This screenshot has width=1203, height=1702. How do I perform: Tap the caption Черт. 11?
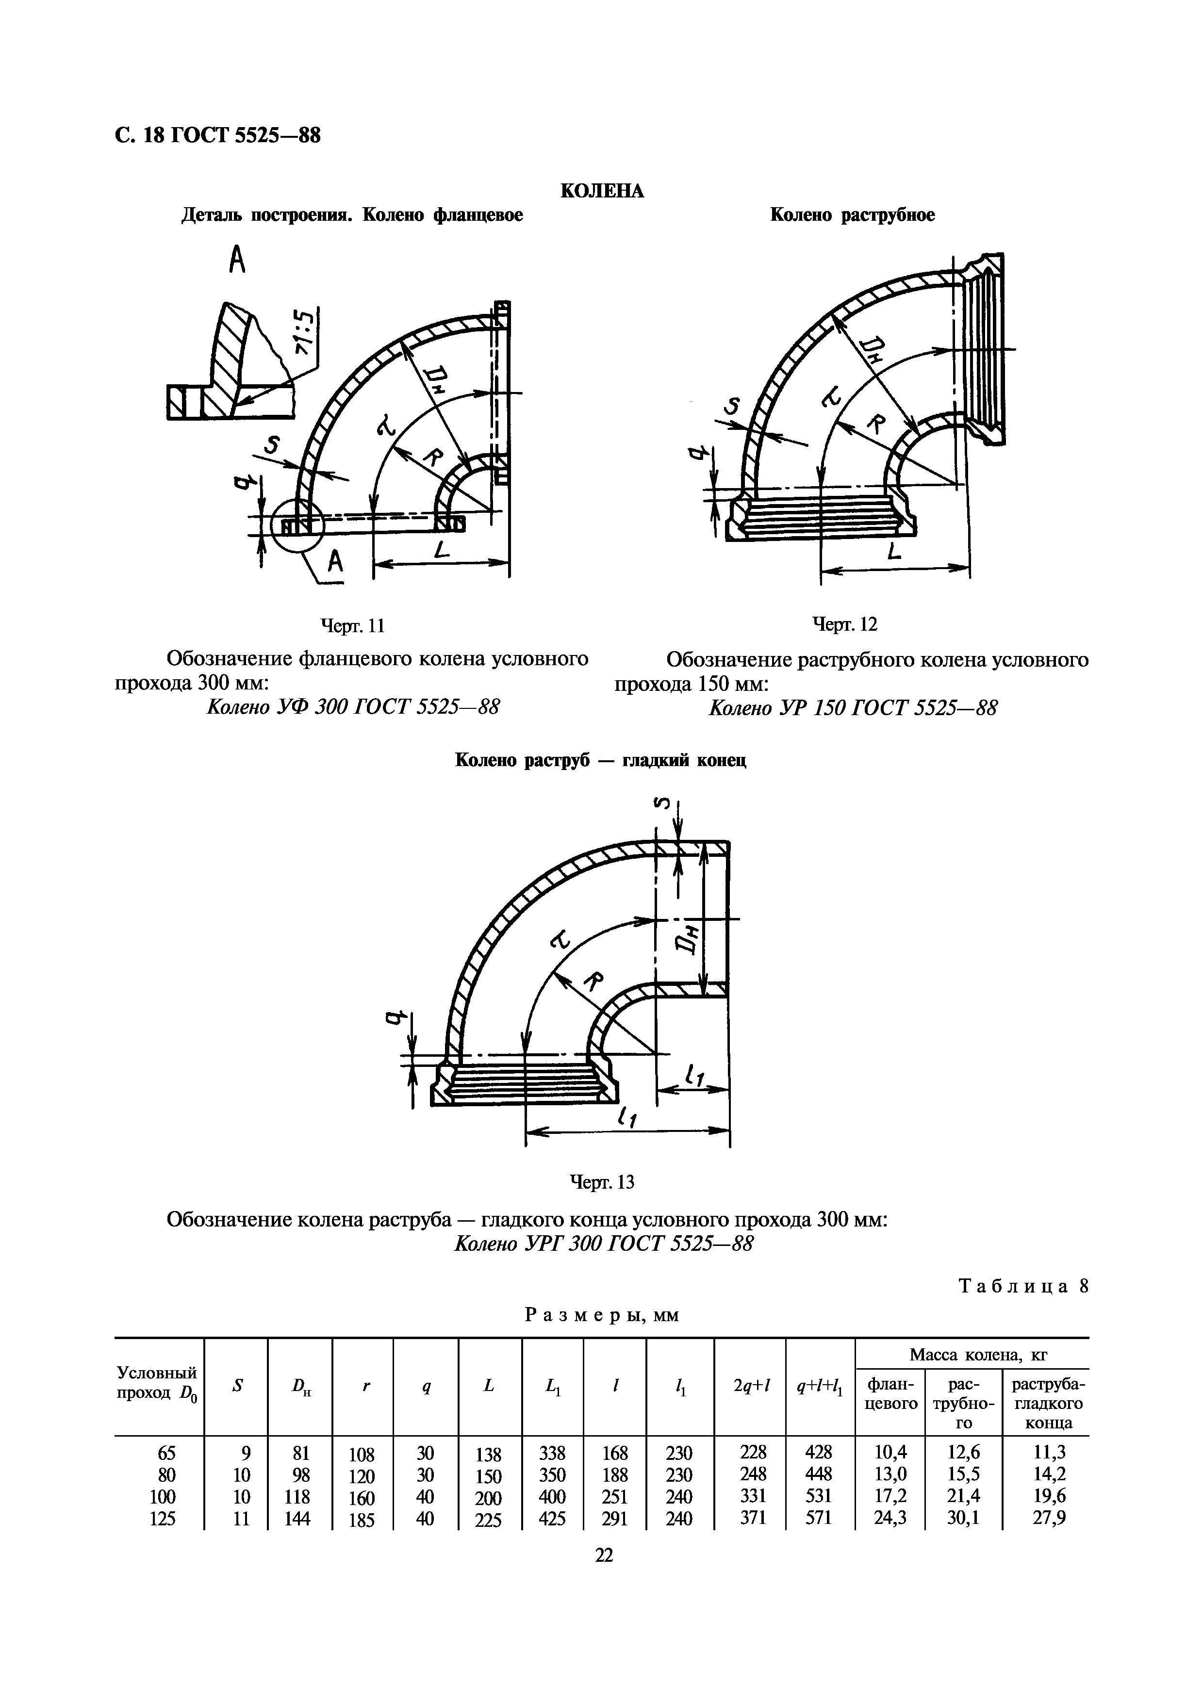click(352, 626)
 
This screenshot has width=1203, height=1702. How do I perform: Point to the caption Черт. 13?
click(601, 1181)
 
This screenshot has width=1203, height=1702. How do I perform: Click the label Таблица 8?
click(1023, 1286)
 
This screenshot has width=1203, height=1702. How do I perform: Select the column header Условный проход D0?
click(158, 1383)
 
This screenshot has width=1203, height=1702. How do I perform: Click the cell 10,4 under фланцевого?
click(890, 1452)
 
